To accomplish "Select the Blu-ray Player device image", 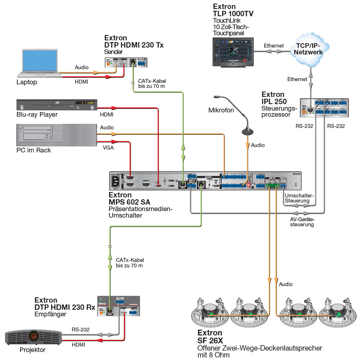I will tap(57, 105).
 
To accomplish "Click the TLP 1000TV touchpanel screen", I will tap(232, 50).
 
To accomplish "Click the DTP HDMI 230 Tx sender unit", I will tap(126, 63).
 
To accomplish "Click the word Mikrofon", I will tap(221, 110).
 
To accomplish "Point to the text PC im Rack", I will tap(34, 150).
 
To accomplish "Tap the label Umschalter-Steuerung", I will tap(299, 198).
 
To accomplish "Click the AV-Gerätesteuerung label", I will tap(302, 222).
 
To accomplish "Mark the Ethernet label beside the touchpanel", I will tap(274, 46).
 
